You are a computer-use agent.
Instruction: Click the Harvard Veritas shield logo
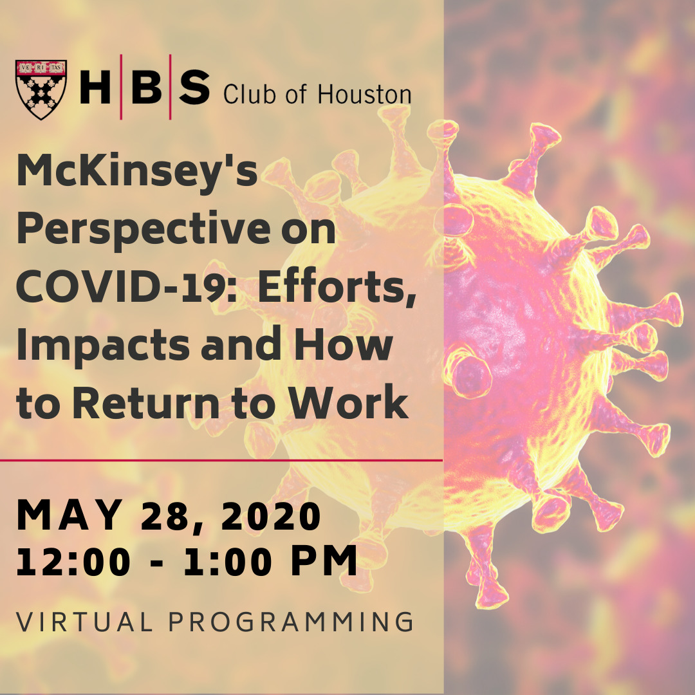click(x=41, y=89)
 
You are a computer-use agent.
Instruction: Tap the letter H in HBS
click(x=95, y=88)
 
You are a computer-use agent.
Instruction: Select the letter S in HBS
click(x=194, y=88)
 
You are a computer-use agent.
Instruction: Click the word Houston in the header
click(x=364, y=94)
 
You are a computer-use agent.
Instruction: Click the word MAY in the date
click(x=69, y=515)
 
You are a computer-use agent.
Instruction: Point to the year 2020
click(x=271, y=515)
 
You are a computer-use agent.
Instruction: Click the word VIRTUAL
click(x=84, y=622)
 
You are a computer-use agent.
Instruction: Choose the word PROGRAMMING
click(x=291, y=622)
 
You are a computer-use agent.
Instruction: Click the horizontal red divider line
click(x=221, y=461)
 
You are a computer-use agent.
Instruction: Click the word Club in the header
click(x=250, y=94)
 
